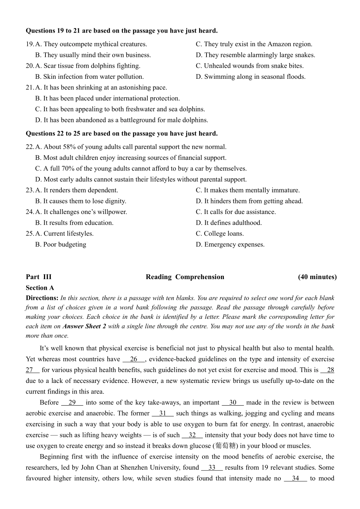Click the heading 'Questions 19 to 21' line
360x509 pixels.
pos(122,31)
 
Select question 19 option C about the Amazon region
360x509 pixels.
pos(254,44)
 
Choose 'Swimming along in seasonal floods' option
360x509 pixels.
pos(250,77)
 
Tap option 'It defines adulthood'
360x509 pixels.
pos(229,223)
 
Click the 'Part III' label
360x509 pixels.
pos(39,277)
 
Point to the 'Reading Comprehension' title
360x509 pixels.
pos(185,277)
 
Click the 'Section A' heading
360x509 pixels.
pos(40,288)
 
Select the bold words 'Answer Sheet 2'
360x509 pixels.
pos(84,326)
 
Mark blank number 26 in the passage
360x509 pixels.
pos(133,359)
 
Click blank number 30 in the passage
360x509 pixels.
pos(233,403)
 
